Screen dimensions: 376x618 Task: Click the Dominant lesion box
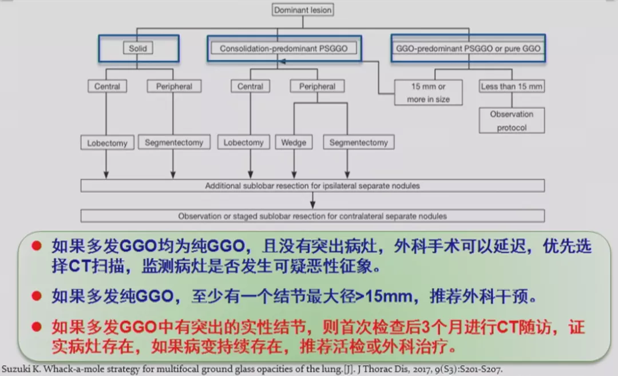click(x=303, y=10)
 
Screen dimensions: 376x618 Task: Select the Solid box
click(x=138, y=49)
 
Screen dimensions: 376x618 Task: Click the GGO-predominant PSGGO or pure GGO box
click(x=468, y=49)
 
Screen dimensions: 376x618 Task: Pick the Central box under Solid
click(x=108, y=86)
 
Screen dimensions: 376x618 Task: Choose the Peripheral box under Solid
click(x=170, y=86)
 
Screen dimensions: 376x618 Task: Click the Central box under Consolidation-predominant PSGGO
click(x=251, y=86)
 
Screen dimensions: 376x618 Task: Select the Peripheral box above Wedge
click(x=318, y=86)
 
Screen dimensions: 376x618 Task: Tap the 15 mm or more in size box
click(x=429, y=93)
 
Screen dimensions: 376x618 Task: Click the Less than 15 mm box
click(x=512, y=86)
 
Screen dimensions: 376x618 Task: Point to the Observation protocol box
click(x=512, y=120)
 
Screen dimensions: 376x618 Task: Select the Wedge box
click(x=294, y=143)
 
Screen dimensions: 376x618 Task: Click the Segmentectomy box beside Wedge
click(x=359, y=143)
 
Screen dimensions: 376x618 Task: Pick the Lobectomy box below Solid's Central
click(x=107, y=143)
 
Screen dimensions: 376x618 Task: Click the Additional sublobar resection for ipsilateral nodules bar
click(x=312, y=186)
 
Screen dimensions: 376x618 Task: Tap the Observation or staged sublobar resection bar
click(x=312, y=216)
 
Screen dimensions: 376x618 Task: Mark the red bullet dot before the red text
click(x=37, y=327)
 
